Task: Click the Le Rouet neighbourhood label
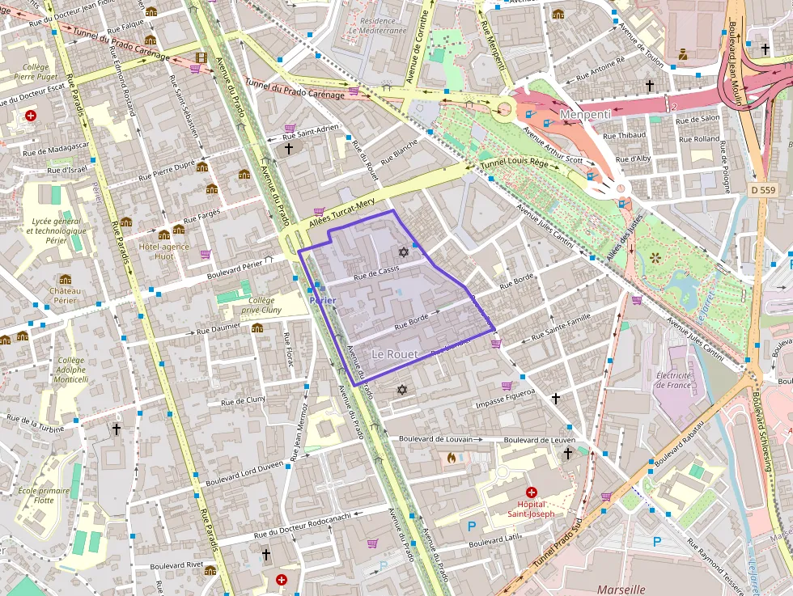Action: click(x=395, y=355)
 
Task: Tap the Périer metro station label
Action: click(x=323, y=301)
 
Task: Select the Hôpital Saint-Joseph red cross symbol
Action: click(x=532, y=492)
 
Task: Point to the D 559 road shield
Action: click(x=762, y=189)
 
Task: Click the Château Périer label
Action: click(x=65, y=296)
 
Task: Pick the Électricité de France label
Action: click(x=673, y=380)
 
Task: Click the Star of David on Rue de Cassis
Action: click(x=403, y=252)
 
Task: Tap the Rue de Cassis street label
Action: click(x=377, y=273)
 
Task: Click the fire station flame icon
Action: click(x=451, y=458)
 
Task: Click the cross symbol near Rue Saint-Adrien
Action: click(x=289, y=149)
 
